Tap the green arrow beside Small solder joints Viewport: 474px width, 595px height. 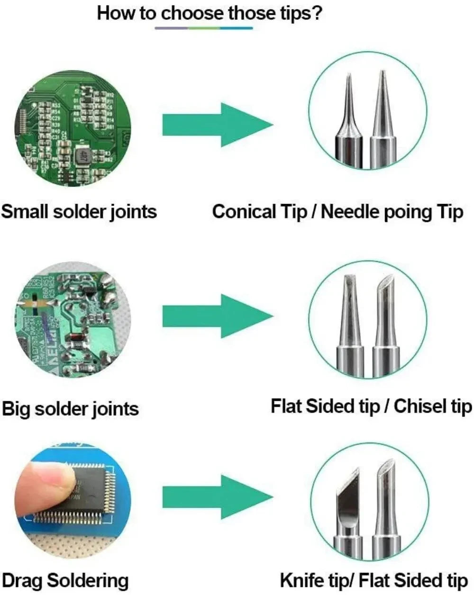click(x=218, y=125)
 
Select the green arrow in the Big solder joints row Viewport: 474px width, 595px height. click(x=218, y=316)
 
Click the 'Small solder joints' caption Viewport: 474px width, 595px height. click(x=79, y=211)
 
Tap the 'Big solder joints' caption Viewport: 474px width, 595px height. click(x=71, y=408)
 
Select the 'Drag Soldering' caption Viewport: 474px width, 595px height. click(x=65, y=580)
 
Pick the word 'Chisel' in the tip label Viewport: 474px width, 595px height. click(x=420, y=406)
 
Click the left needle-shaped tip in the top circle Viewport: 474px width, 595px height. click(x=349, y=123)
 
